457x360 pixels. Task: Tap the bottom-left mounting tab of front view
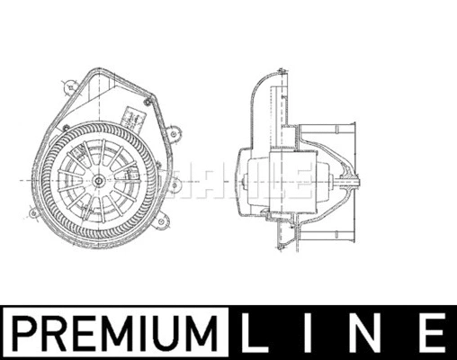point(35,214)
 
